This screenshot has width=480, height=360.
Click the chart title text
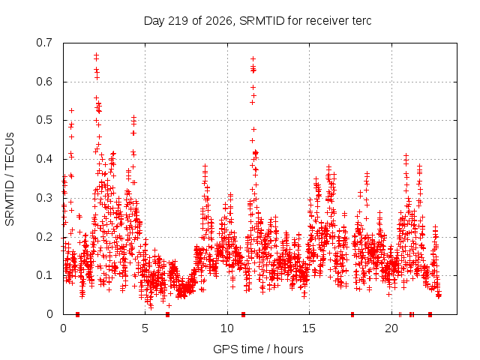point(257,21)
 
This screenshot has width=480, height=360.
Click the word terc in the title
point(361,21)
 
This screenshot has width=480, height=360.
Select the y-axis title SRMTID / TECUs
point(10,179)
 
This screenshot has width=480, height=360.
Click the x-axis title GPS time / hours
point(258,349)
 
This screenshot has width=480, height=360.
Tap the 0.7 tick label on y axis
point(44,43)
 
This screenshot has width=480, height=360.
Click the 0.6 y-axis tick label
point(44,82)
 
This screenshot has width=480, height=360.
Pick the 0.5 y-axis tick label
point(44,120)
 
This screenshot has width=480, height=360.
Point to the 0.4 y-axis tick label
point(44,159)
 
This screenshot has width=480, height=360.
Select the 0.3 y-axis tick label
point(44,198)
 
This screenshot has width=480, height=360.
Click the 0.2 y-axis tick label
point(44,237)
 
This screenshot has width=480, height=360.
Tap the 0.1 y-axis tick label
point(44,275)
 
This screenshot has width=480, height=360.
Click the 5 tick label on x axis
point(145,328)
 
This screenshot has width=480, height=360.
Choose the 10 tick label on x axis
point(227,328)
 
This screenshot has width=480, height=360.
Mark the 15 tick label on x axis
point(309,328)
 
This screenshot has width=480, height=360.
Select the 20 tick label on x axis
point(391,328)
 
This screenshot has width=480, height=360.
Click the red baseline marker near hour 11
point(243,314)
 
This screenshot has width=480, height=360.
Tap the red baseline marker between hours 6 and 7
point(167,314)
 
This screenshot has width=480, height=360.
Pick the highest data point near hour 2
point(97,55)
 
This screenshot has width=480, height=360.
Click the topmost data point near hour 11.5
point(253,58)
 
